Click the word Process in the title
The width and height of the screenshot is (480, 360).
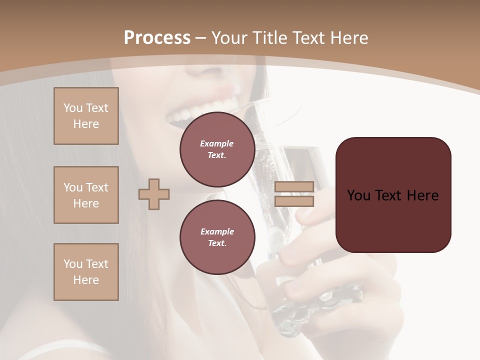157,38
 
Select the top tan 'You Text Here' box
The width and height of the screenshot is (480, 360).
86,116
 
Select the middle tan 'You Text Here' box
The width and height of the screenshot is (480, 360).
86,195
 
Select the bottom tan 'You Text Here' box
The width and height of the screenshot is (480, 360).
86,272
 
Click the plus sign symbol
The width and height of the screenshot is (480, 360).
154,194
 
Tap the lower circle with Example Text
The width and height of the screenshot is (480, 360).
217,237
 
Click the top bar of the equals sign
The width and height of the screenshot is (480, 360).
294,187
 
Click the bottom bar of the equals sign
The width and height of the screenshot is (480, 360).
294,201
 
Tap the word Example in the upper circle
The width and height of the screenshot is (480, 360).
217,143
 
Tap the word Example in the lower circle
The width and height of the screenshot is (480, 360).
217,231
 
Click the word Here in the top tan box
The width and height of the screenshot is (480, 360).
86,124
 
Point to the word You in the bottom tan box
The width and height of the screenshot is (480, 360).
73,264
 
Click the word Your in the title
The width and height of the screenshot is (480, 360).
228,38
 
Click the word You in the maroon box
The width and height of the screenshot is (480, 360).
359,195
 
